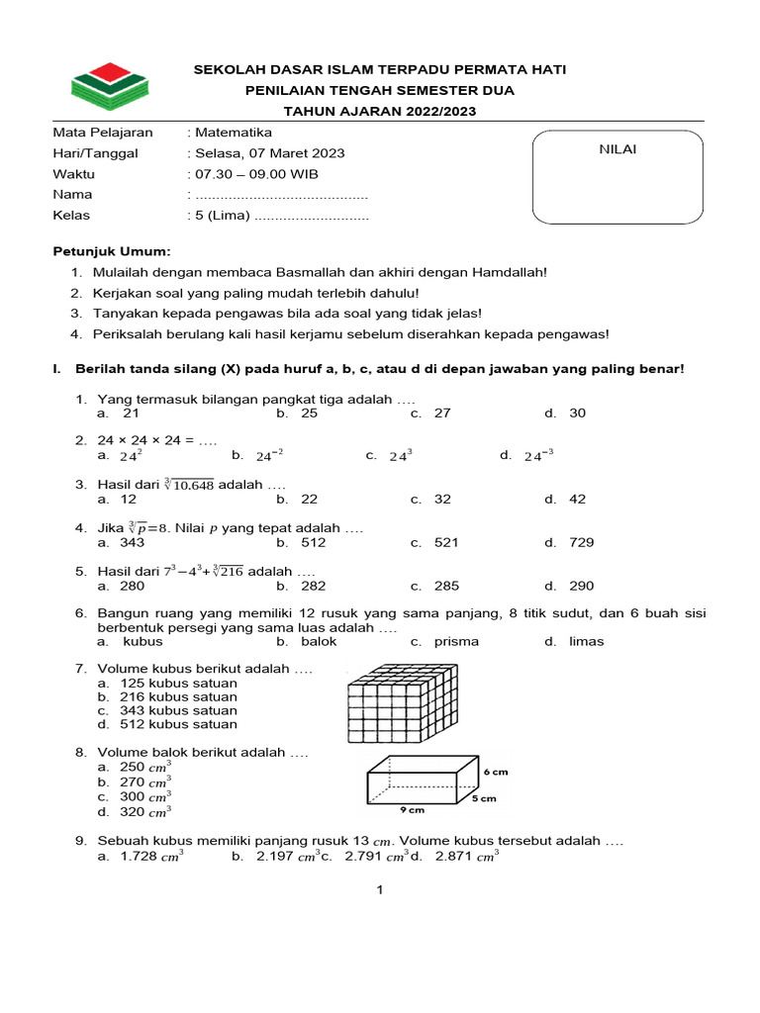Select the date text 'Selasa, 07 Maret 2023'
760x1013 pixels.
click(269, 153)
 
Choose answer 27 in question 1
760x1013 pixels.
click(441, 413)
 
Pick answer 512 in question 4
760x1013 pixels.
click(309, 542)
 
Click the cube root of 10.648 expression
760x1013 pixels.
click(189, 485)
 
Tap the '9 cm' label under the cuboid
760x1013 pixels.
click(412, 810)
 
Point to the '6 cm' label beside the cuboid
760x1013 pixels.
click(496, 771)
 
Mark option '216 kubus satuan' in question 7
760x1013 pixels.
click(178, 696)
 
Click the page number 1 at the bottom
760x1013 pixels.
click(379, 889)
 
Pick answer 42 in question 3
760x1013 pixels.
click(577, 500)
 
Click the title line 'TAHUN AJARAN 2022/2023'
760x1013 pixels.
click(380, 111)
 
